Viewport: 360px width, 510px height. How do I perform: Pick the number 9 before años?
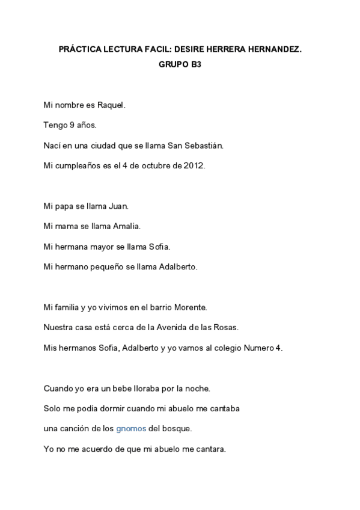(72, 126)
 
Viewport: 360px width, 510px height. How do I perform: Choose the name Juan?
(119, 206)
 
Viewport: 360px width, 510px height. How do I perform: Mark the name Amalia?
(127, 227)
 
